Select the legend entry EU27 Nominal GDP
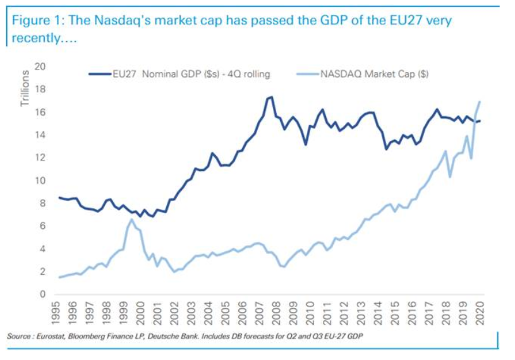click(190, 74)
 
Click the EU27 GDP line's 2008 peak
click(270, 97)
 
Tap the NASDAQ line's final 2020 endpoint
click(481, 102)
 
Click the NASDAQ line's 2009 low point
click(284, 267)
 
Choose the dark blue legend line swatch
click(99, 74)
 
